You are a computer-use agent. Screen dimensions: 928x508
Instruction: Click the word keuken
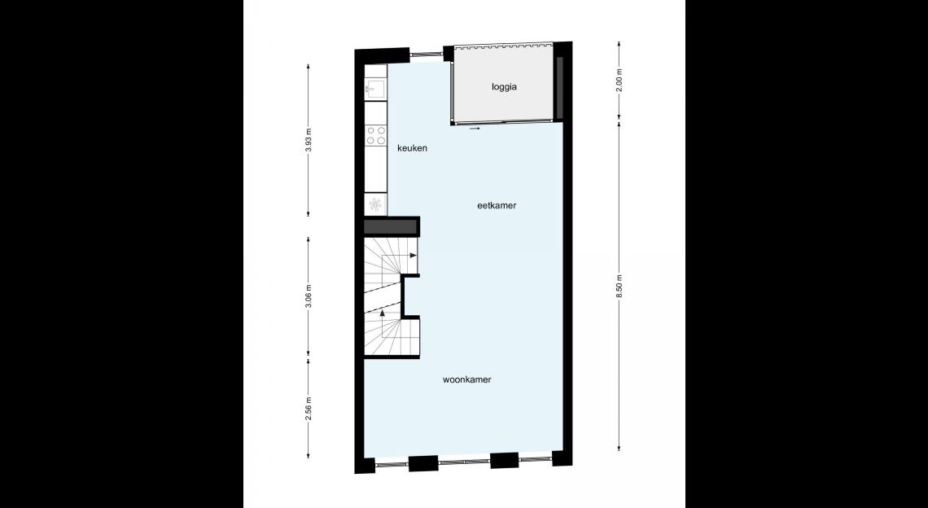coord(412,148)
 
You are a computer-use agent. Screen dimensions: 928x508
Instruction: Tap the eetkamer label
coord(497,205)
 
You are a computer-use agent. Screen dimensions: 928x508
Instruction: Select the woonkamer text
coord(467,379)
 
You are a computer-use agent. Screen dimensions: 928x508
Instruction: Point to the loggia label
coord(504,87)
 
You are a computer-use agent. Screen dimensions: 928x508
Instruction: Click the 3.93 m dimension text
coord(309,140)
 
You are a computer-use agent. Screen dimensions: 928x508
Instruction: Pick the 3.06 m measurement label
coord(309,297)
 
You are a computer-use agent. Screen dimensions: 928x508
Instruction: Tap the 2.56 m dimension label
coord(309,409)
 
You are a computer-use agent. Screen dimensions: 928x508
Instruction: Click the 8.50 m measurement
coord(619,287)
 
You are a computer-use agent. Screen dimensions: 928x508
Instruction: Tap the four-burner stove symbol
coord(375,136)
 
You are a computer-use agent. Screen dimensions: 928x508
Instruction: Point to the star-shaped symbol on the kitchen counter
coord(375,205)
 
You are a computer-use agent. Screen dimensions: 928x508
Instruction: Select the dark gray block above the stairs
coord(391,227)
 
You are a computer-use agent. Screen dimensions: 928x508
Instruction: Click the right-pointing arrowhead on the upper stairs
coord(414,255)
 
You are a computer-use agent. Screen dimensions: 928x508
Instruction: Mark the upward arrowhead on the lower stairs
coord(383,313)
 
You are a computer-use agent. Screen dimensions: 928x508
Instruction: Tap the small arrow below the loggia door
coord(474,127)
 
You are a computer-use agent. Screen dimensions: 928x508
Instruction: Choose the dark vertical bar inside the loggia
coord(560,88)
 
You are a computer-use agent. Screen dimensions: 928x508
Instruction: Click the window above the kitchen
coord(427,55)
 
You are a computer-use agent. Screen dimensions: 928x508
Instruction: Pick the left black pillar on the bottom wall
coord(423,463)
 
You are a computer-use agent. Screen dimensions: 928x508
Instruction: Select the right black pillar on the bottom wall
coord(504,460)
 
